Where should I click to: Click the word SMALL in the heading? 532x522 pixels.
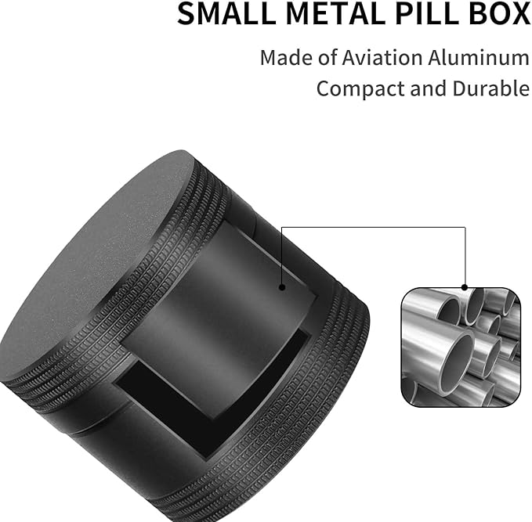[x=216, y=14]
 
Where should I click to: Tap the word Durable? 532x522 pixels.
[x=490, y=88]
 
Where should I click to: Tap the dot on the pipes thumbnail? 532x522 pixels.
[x=465, y=287]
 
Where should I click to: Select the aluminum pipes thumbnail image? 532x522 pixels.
[x=461, y=345]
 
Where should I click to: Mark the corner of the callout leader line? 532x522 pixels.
[x=465, y=228]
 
